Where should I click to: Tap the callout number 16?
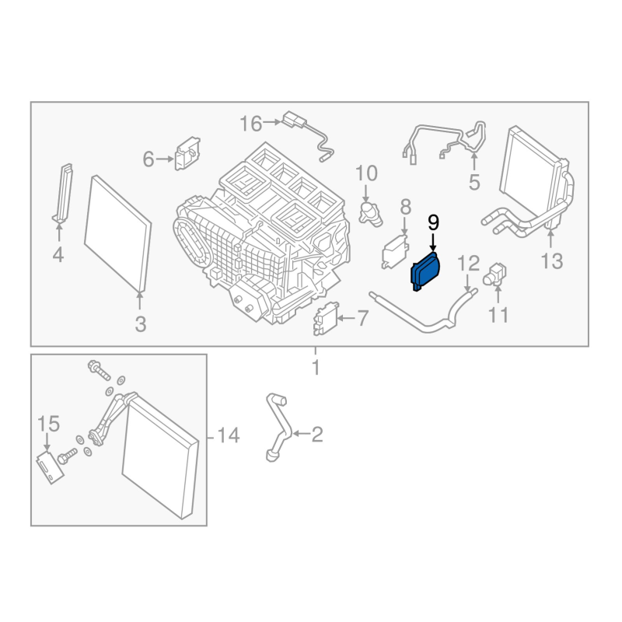251,123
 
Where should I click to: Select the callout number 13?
551,261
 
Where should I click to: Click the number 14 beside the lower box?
229,436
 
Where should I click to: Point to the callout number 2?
316,434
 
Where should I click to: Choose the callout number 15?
48,424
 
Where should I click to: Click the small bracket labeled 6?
187,154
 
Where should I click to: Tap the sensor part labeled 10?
371,211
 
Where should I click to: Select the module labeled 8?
394,251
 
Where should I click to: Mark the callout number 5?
473,183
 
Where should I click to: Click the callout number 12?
468,262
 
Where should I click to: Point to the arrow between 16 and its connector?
273,122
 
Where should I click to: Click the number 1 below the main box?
316,367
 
